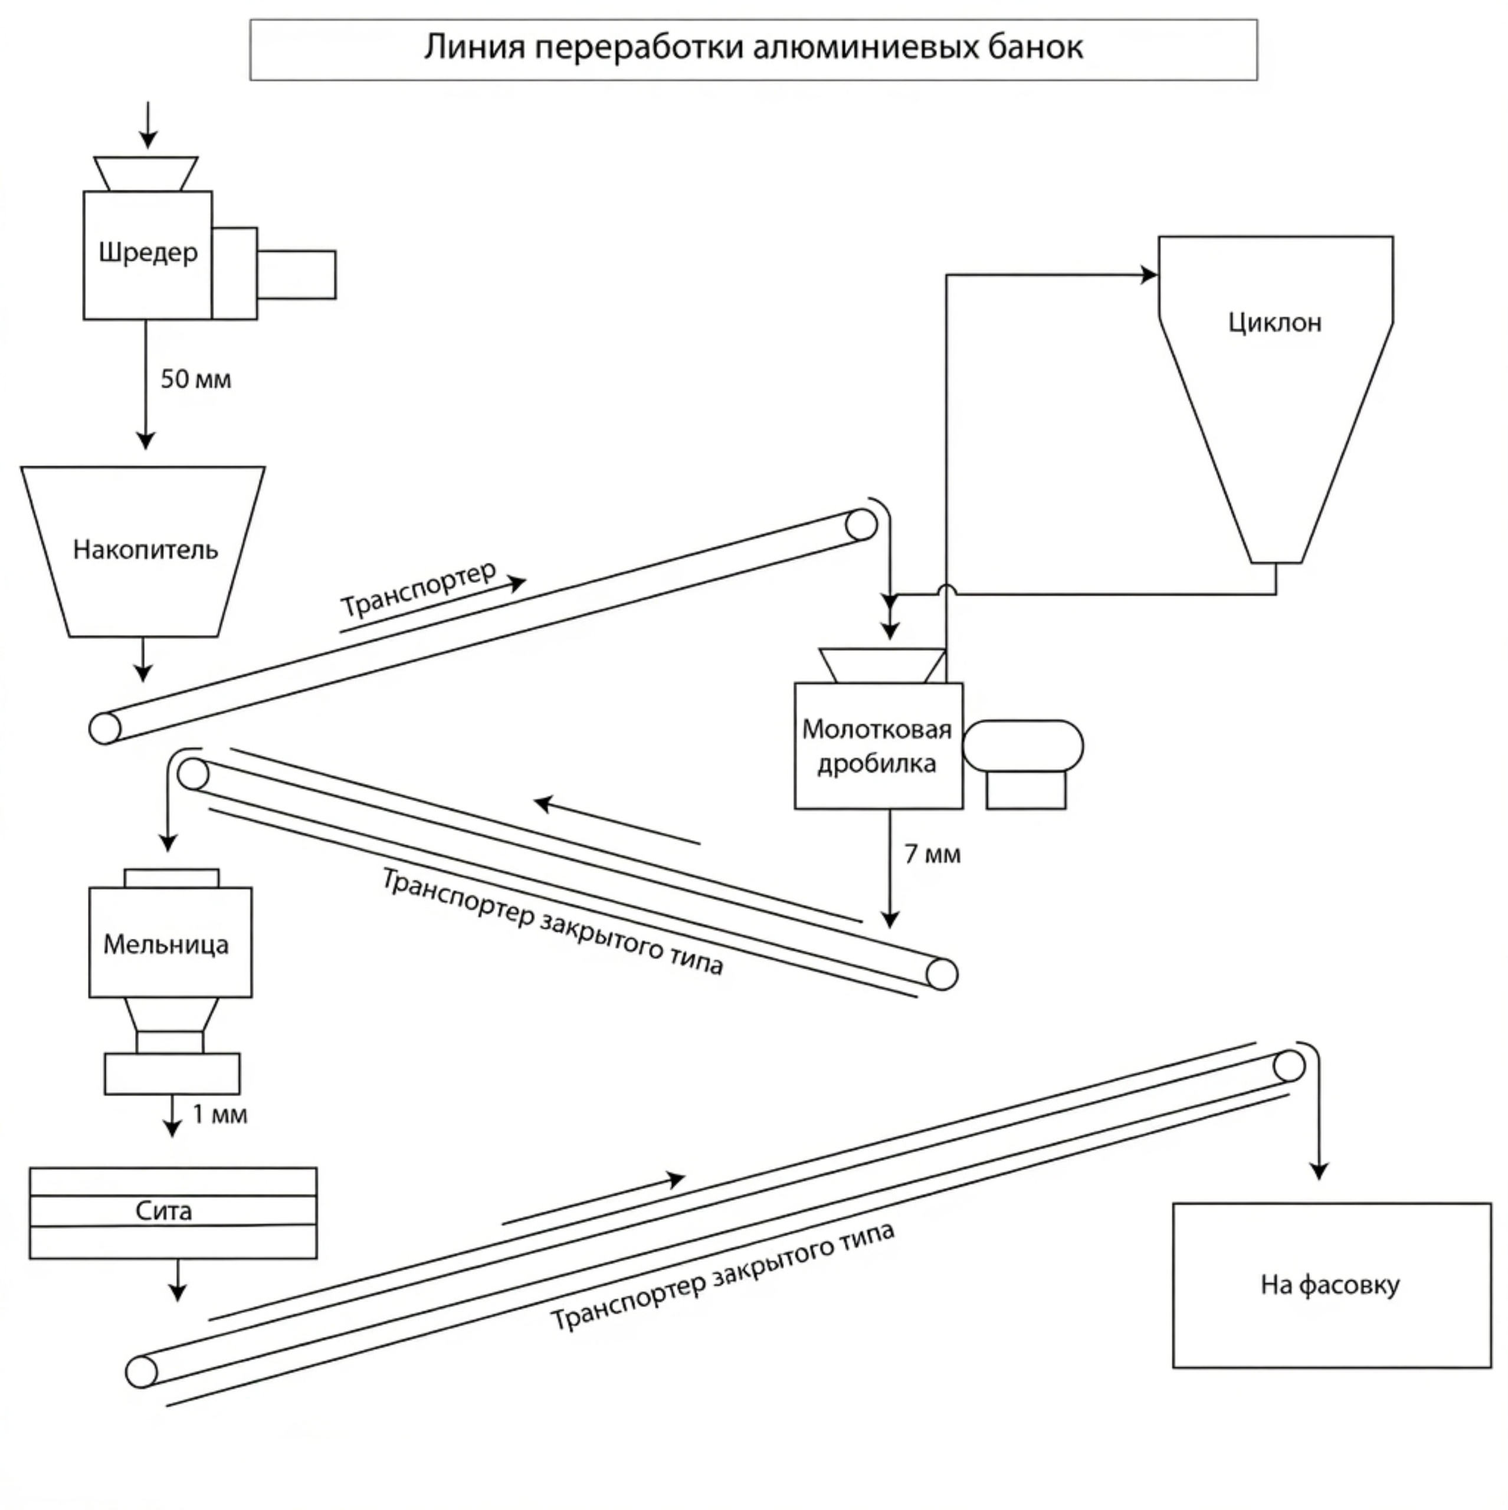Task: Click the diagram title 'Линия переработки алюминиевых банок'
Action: (x=753, y=48)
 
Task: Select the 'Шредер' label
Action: (x=147, y=252)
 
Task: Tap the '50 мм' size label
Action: (x=195, y=379)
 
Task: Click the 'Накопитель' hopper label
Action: (x=145, y=550)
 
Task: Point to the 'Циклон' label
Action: (x=1274, y=322)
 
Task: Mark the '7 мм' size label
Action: (x=932, y=854)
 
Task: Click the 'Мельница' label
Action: (x=166, y=944)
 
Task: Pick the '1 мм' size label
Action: (x=219, y=1114)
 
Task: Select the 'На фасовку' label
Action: (x=1330, y=1285)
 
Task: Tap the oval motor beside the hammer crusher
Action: (x=1022, y=746)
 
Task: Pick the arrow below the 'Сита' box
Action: (x=178, y=1282)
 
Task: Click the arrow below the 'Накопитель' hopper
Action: (x=142, y=661)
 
